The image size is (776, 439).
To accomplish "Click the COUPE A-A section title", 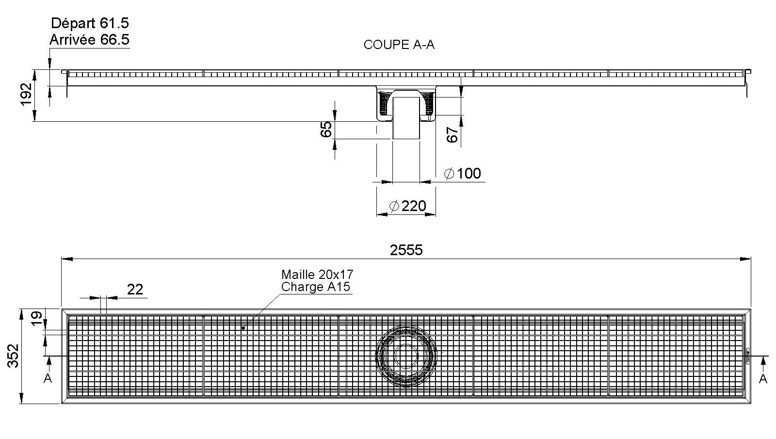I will click(x=399, y=45).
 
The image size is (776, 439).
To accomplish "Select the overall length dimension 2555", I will click(x=406, y=250).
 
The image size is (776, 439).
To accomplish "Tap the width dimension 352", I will click(x=14, y=355).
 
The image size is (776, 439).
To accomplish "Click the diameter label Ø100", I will click(x=463, y=173).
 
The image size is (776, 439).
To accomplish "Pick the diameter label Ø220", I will click(x=407, y=206).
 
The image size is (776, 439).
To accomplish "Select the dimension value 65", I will click(x=326, y=129).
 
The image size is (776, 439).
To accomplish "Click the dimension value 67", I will click(x=452, y=134).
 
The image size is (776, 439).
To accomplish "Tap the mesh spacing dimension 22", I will click(x=135, y=289).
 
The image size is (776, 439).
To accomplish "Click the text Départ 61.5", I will click(x=90, y=23).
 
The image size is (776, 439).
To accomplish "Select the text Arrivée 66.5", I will click(x=90, y=39).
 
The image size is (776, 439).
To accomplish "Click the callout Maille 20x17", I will click(x=317, y=275).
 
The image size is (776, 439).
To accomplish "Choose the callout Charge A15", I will click(x=315, y=287).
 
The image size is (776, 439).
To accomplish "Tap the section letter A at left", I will click(x=48, y=378).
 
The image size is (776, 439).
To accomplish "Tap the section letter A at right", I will click(x=763, y=378).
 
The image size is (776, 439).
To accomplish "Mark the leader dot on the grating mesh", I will click(x=243, y=328).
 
